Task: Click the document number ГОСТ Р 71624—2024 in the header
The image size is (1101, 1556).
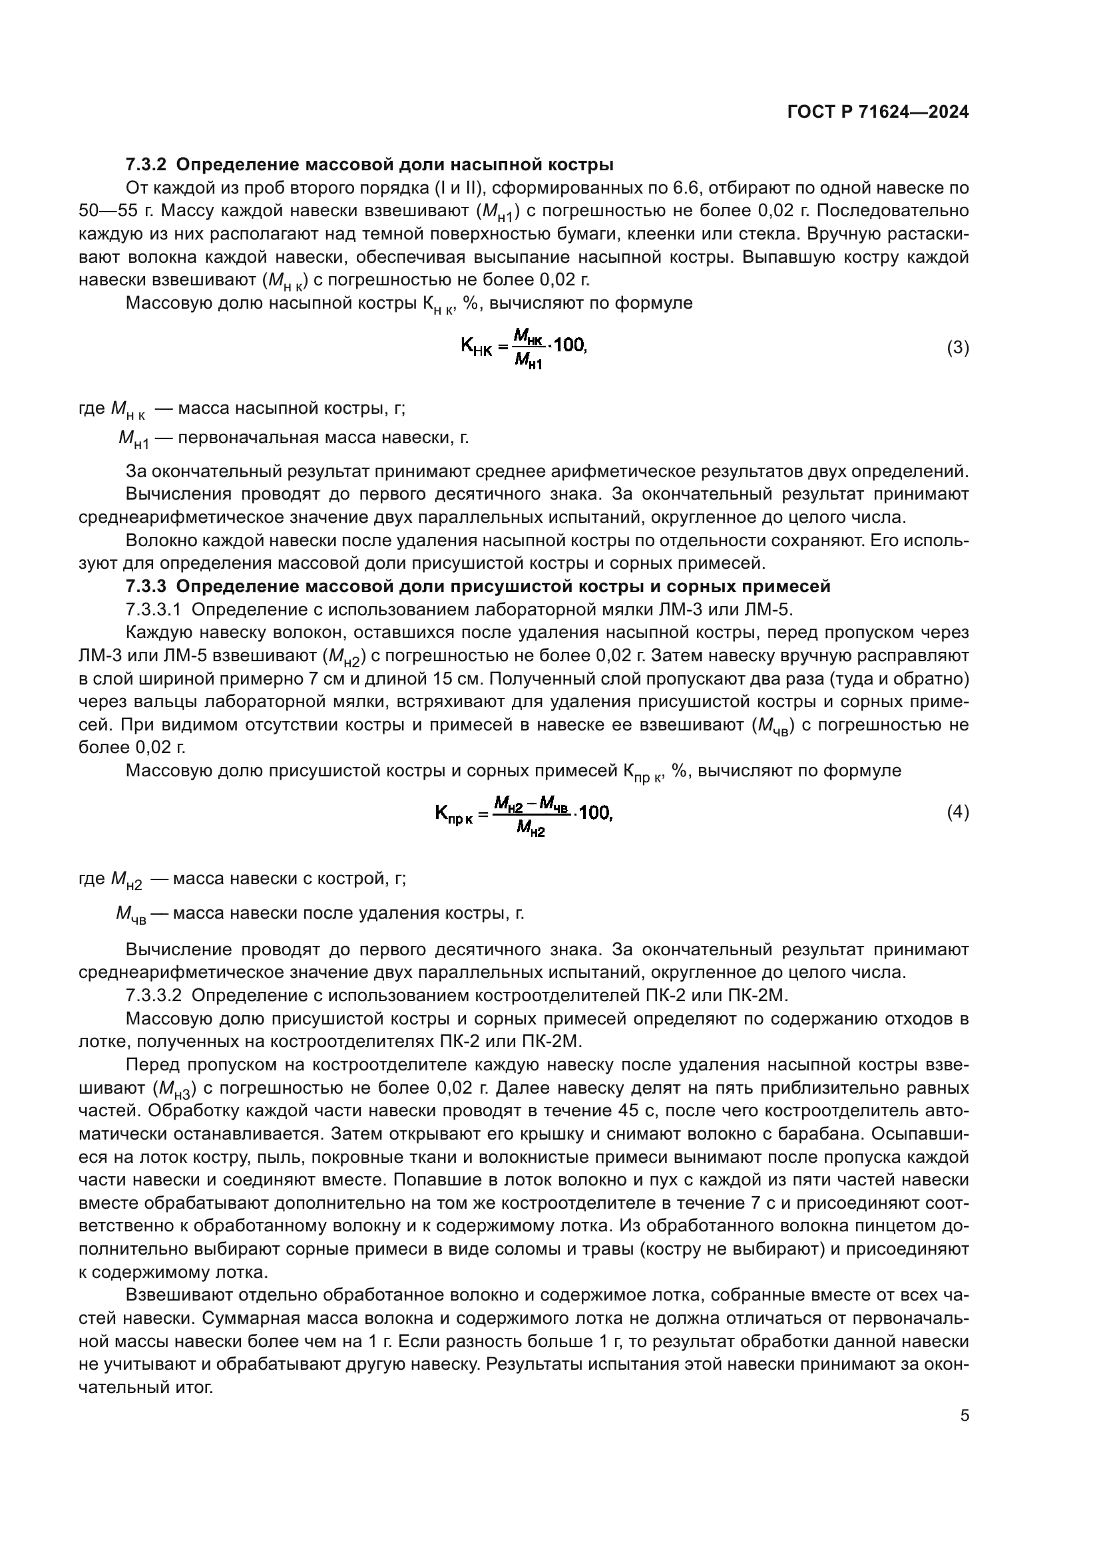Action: click(877, 112)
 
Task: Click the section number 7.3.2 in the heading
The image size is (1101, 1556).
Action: click(146, 165)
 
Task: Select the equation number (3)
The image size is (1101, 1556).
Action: click(957, 348)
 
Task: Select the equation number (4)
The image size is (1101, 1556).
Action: click(957, 812)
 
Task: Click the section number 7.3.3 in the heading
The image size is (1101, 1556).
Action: click(146, 586)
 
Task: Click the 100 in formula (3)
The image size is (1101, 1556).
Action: click(568, 346)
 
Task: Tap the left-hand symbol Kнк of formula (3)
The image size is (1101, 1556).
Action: click(477, 347)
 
